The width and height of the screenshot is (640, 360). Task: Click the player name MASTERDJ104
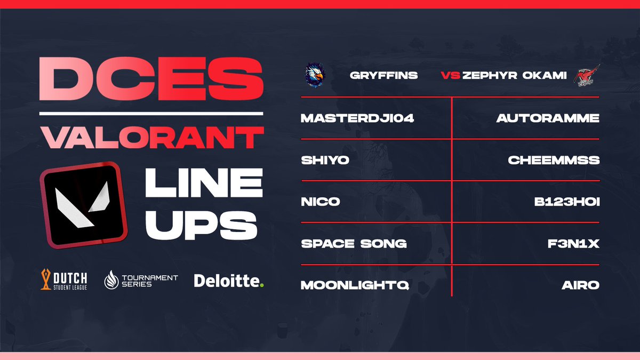pos(358,118)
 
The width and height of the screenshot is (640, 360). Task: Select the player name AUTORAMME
pos(548,118)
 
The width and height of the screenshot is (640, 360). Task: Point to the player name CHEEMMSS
pos(553,160)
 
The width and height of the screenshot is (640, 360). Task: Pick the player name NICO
pos(320,202)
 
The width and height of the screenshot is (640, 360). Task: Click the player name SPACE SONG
pos(354,244)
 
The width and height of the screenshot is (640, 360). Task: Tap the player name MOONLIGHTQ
pos(355,285)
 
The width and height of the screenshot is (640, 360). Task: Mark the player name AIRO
pos(580,285)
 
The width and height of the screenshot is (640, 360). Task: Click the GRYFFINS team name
pos(383,76)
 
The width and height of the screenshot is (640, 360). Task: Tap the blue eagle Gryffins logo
pos(314,76)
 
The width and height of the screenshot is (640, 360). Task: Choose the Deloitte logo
pos(229,280)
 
